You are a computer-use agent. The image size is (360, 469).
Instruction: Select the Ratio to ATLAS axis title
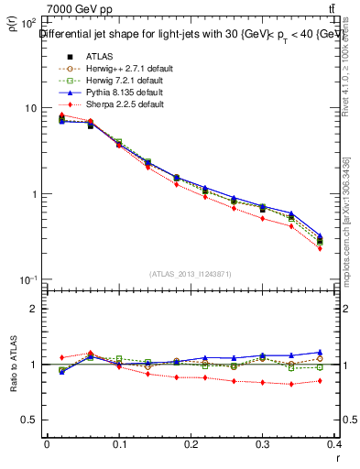[12, 365]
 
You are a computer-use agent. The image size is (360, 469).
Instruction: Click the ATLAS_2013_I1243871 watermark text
[191, 274]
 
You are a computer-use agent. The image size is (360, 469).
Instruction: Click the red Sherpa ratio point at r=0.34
[317, 384]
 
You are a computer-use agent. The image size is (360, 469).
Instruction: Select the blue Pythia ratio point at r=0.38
[345, 352]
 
